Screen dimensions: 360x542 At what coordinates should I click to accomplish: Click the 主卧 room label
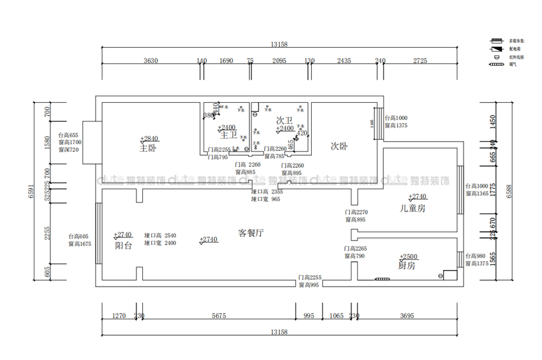point(148,149)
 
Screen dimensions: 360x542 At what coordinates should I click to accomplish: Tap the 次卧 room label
point(339,146)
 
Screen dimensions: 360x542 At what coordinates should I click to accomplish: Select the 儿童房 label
point(413,208)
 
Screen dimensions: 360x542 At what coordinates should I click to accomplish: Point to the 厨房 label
point(406,266)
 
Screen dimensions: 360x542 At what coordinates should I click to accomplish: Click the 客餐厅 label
point(251,233)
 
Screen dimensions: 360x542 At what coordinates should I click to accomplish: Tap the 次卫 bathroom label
point(284,120)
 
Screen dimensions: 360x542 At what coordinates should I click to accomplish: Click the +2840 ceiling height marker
point(149,139)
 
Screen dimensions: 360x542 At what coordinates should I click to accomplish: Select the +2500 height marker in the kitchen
point(408,257)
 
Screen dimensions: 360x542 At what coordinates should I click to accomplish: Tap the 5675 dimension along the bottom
point(219,315)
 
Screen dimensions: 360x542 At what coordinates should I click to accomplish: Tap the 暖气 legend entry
point(513,64)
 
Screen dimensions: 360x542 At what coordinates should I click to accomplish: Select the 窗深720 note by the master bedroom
point(68,150)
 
